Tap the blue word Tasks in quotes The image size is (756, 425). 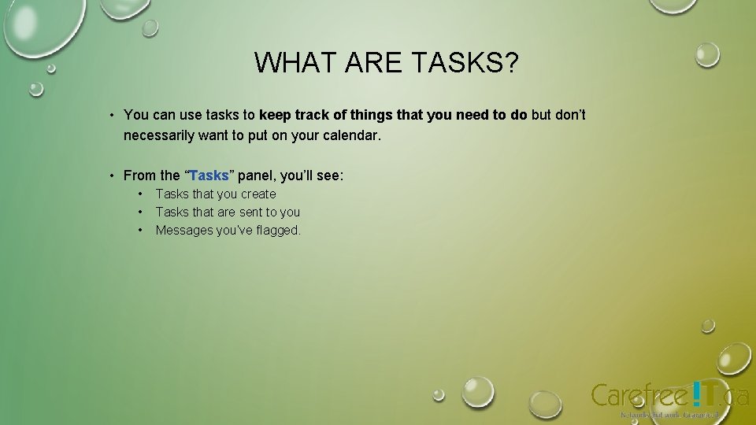point(209,176)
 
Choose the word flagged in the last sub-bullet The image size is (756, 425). point(276,230)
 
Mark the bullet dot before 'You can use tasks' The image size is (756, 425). point(113,116)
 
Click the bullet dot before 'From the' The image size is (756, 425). point(113,176)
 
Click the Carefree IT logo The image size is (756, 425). point(669,396)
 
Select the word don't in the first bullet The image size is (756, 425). point(570,115)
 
